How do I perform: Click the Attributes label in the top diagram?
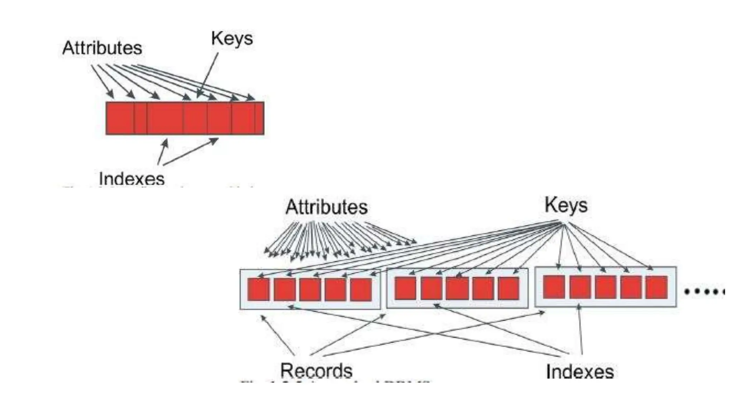point(102,48)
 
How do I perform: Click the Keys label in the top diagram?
point(232,38)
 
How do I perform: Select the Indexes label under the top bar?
point(132,178)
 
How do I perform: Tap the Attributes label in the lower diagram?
point(327,207)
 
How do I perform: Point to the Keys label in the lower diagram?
point(566,205)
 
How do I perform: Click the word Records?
point(316,370)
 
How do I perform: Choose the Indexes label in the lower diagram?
point(580,371)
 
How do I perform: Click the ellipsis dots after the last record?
point(704,291)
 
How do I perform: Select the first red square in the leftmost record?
point(258,289)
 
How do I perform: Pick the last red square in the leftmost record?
point(361,289)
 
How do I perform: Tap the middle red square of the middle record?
point(457,288)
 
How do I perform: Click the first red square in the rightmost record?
point(554,287)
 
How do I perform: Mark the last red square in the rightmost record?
point(657,287)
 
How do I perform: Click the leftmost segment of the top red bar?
point(120,118)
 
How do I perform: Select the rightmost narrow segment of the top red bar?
point(259,118)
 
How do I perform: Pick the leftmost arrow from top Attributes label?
point(102,80)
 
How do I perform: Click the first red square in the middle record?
point(405,288)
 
